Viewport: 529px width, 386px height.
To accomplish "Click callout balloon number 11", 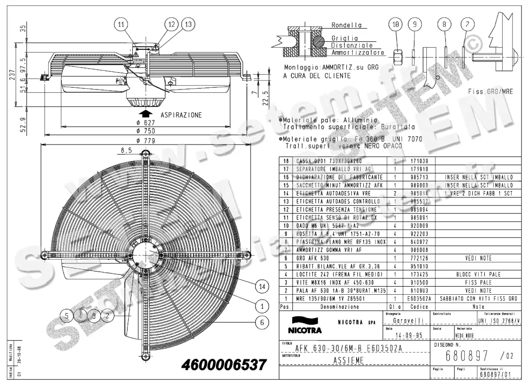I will pos(121,25).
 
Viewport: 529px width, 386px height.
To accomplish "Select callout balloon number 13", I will pos(188,25).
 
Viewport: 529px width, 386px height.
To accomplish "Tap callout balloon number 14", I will pos(262,287).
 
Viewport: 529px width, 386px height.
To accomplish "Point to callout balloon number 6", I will pos(262,322).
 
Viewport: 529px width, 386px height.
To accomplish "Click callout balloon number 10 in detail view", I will pos(395,25).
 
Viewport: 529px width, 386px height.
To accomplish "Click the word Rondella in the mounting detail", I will pos(346,26).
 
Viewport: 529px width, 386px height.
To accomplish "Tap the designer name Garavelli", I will pos(408,320).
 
